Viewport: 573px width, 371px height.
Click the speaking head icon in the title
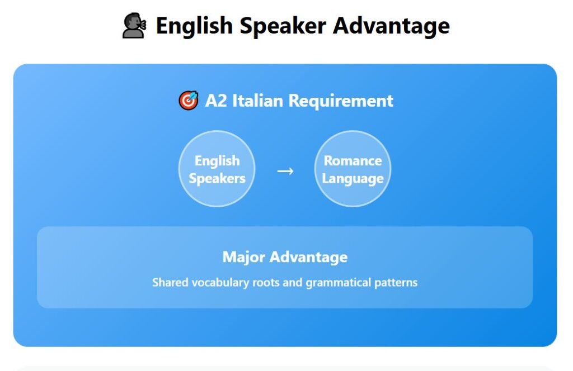click(x=134, y=26)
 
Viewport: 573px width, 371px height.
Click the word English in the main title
click(x=194, y=26)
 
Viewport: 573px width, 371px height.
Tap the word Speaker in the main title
click(x=283, y=27)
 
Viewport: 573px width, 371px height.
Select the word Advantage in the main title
click(x=391, y=27)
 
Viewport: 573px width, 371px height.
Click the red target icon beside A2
click(x=189, y=101)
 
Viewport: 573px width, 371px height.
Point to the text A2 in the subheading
click(x=215, y=101)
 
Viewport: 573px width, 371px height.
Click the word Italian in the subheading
click(x=257, y=101)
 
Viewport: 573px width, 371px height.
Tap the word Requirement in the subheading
click(x=341, y=101)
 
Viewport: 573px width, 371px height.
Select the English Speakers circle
click(x=217, y=169)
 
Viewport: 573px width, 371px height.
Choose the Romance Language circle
click(x=353, y=169)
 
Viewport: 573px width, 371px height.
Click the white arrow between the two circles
click(x=285, y=171)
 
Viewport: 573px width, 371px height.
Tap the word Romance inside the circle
click(x=353, y=161)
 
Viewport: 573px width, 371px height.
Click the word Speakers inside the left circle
click(x=217, y=179)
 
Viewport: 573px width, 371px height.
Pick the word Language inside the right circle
click(x=353, y=179)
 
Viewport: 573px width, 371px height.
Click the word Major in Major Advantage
click(x=244, y=257)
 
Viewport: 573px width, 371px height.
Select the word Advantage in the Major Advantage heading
click(x=309, y=258)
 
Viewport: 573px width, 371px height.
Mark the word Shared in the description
click(x=170, y=282)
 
